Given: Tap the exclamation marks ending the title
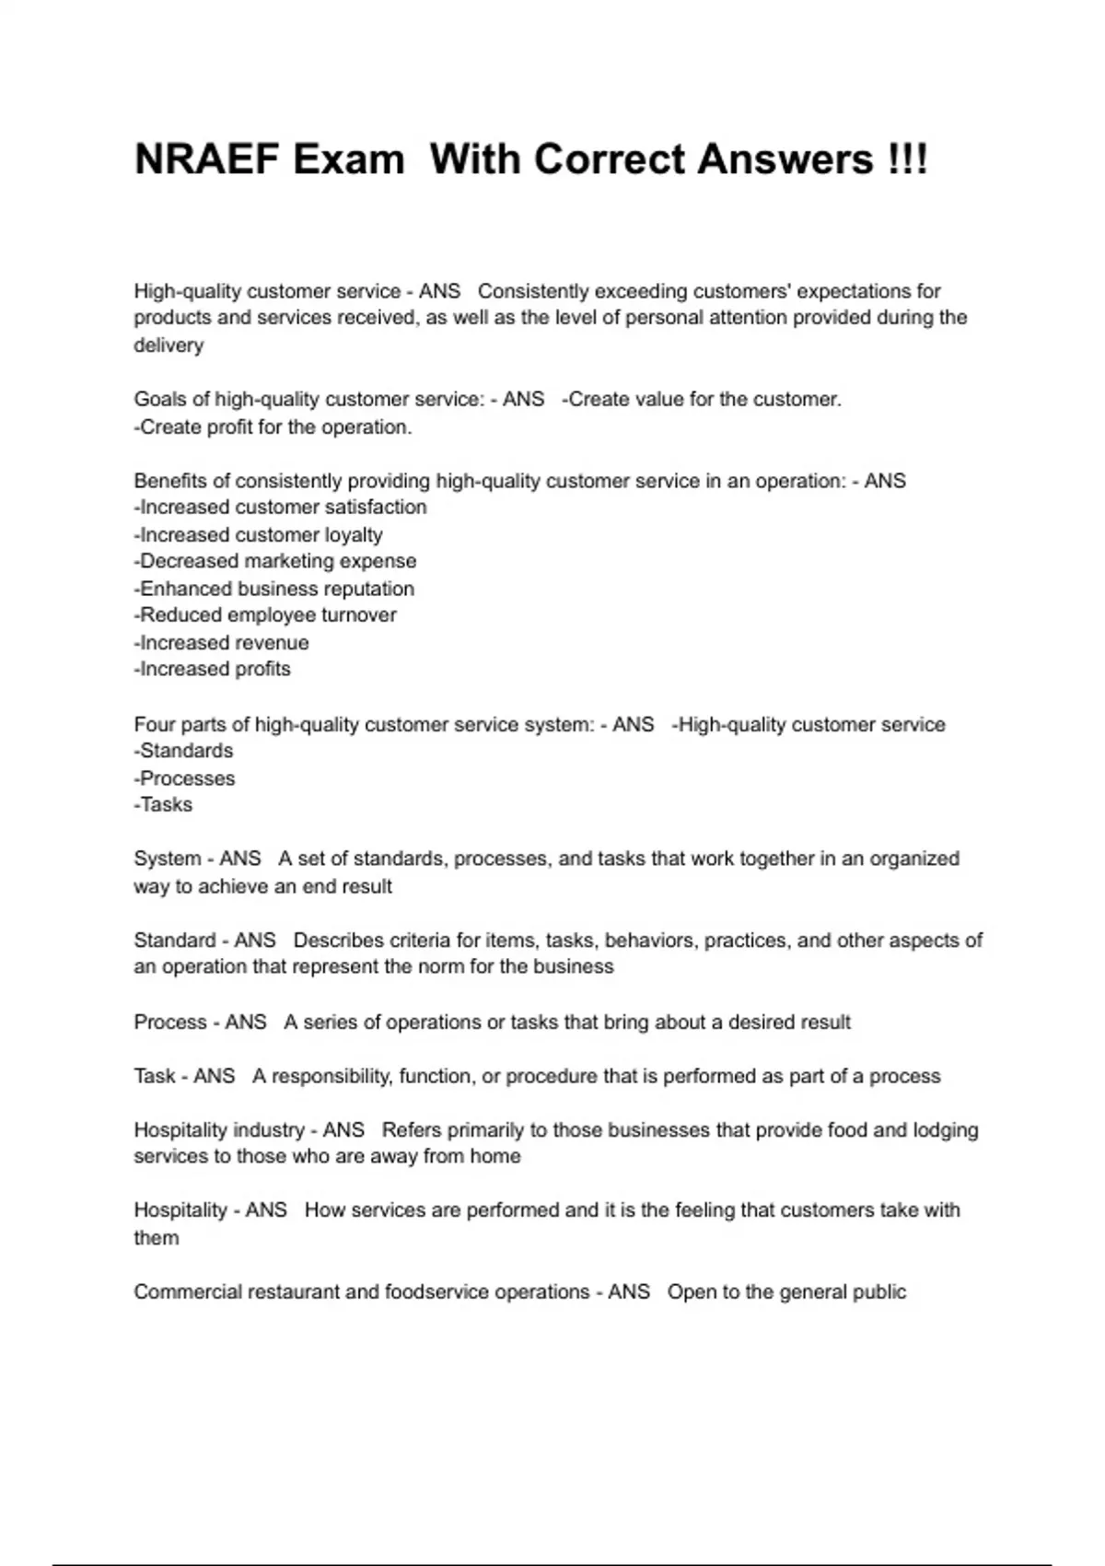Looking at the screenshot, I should tap(909, 159).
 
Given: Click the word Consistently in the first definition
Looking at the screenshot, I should tap(533, 291).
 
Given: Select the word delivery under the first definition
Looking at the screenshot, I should tap(169, 345).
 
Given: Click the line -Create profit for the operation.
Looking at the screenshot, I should tap(273, 427).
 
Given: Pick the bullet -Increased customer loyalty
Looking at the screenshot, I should tap(258, 535).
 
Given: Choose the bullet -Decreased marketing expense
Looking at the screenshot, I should tap(274, 561).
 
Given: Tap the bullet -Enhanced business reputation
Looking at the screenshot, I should tap(273, 589).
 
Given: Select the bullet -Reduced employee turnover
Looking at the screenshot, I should tap(265, 614).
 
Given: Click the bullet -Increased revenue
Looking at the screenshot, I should tap(221, 643).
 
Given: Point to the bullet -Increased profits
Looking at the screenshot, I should tap(212, 669).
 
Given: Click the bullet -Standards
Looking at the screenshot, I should tap(183, 751).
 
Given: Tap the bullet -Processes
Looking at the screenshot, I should tap(184, 778).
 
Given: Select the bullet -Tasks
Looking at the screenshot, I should tap(163, 804).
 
